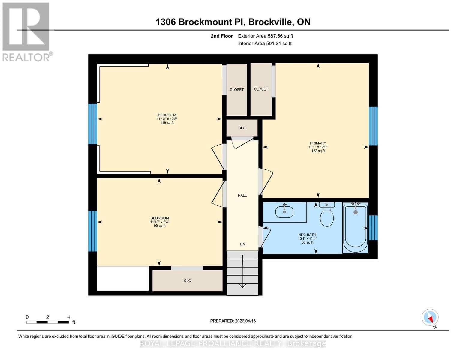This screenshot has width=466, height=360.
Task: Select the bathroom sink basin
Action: pos(284,212)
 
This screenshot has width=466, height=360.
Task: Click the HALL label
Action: pos(242,196)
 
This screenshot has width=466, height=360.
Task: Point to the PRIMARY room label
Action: pos(318,143)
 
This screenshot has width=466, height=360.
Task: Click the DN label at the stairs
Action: pos(242,244)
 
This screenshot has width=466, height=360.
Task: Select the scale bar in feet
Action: pos(47,322)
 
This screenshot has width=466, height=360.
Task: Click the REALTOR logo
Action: pos(26,31)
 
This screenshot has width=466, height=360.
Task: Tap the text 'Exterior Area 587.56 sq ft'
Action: pos(265,36)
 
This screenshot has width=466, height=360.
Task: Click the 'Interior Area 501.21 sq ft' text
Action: pos(265,43)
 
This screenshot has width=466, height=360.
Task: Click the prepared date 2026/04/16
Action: pos(233,321)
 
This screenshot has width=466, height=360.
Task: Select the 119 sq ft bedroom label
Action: pos(167,119)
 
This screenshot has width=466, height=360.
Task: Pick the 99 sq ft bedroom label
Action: pos(160,222)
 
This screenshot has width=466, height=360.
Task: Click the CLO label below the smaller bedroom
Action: pos(187,281)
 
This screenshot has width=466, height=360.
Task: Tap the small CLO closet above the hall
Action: pos(242,128)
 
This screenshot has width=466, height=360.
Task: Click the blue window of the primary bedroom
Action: pos(373,126)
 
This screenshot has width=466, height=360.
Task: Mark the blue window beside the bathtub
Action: pos(373,228)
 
